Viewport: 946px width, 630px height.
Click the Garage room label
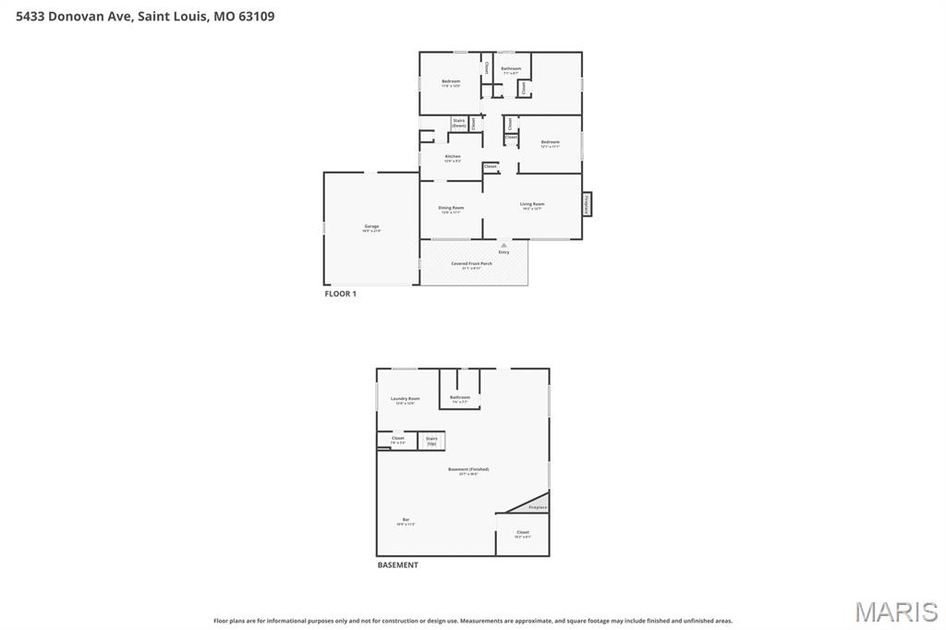point(371,227)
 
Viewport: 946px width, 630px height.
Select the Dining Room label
point(451,209)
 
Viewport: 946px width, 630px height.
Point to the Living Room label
point(531,205)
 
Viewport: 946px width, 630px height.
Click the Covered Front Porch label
point(471,264)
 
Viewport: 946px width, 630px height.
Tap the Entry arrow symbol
point(503,246)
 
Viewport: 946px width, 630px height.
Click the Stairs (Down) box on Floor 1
point(458,123)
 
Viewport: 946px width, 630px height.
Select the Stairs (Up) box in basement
point(431,441)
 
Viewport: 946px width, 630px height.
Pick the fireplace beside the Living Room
point(587,204)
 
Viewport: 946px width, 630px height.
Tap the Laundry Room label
point(405,400)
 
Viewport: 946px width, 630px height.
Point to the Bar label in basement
point(406,521)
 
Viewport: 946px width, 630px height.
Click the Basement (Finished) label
point(468,471)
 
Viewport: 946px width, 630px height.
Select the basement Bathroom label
point(459,399)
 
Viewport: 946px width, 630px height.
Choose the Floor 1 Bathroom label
point(511,69)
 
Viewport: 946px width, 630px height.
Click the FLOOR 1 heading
point(340,294)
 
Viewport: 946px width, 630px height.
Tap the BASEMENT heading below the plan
point(397,564)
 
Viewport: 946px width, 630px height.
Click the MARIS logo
point(895,612)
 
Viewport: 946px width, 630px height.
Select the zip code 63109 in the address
point(255,16)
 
